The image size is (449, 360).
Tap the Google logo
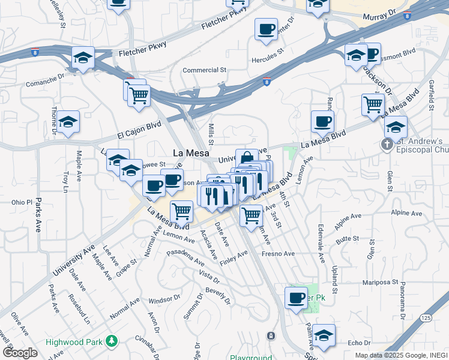pyautogui.click(x=20, y=353)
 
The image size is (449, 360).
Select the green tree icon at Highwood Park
pyautogui.click(x=111, y=341)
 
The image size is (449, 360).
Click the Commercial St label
pyautogui.click(x=204, y=70)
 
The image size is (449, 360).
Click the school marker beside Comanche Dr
pyautogui.click(x=83, y=58)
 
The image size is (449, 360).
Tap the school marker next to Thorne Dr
pyautogui.click(x=68, y=122)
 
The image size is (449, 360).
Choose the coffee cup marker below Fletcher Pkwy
pyautogui.click(x=266, y=29)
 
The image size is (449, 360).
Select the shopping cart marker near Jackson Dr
pyautogui.click(x=373, y=104)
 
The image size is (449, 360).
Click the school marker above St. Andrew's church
pyautogui.click(x=396, y=127)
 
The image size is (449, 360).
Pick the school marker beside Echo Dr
pyautogui.click(x=324, y=336)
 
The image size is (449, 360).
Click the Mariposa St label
pyautogui.click(x=380, y=281)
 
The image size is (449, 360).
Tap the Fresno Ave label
pyautogui.click(x=278, y=254)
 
